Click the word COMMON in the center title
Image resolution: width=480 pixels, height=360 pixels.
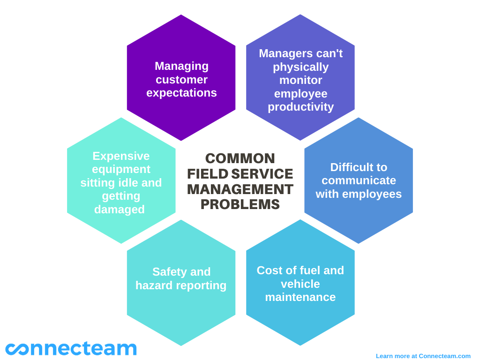[240, 158]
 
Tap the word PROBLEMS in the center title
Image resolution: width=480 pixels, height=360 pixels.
[240, 204]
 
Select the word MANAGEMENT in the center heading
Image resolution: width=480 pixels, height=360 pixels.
[240, 189]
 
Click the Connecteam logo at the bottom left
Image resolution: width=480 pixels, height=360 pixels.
[71, 348]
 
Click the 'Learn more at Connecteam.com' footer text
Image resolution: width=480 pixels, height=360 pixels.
[423, 356]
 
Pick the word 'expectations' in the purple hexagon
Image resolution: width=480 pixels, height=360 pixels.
[181, 93]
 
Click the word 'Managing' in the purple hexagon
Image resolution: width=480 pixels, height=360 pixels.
[181, 66]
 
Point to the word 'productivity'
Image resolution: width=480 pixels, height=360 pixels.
[300, 107]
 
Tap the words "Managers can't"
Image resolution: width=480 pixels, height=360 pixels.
[300, 53]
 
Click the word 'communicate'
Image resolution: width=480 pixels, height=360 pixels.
[359, 180]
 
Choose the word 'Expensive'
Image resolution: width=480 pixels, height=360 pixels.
[121, 156]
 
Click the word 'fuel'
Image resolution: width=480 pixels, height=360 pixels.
[309, 270]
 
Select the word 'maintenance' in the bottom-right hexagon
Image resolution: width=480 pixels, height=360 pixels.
[300, 297]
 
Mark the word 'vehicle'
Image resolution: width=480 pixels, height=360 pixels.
[300, 284]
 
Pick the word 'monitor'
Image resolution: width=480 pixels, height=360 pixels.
[300, 80]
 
